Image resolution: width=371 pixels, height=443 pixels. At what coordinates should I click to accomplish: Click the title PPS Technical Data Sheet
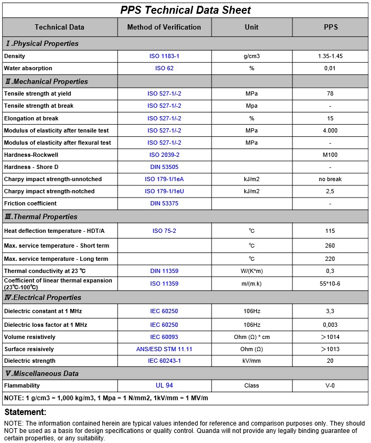coord(185,10)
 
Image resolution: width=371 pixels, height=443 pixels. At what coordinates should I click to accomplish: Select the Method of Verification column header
coord(164,27)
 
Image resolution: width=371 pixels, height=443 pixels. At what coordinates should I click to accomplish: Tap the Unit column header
coord(252,27)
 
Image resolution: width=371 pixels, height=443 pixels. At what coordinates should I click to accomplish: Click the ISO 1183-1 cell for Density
coord(164,56)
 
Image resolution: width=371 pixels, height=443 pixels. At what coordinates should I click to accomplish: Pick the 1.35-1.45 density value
coord(330,56)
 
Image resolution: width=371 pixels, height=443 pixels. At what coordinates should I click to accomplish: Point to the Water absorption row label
coord(28,68)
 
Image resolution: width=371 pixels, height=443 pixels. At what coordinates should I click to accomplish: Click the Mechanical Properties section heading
coord(46,81)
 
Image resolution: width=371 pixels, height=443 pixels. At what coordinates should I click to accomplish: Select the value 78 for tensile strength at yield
coord(330,93)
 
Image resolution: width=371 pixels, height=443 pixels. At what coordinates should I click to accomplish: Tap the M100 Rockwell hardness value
coord(330,155)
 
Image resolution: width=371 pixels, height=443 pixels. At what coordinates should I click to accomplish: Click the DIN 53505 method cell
coord(164,167)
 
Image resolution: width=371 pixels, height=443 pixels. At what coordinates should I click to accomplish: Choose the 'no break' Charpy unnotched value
coord(330,179)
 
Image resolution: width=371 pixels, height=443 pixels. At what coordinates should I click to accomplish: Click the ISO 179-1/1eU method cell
coord(164,191)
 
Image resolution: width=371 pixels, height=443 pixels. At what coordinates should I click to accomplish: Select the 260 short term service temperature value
coord(330,246)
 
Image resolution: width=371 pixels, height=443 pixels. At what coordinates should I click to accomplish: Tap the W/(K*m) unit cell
coord(252,271)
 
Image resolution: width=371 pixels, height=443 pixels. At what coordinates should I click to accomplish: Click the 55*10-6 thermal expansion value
coord(330,284)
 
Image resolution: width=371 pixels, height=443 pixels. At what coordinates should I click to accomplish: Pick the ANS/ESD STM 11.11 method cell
coord(164,349)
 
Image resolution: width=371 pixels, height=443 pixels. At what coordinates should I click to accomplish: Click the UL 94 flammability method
coord(164,385)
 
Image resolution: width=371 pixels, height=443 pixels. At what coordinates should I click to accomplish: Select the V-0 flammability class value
coord(330,385)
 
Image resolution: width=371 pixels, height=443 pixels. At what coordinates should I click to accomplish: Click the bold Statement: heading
coord(25,412)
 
